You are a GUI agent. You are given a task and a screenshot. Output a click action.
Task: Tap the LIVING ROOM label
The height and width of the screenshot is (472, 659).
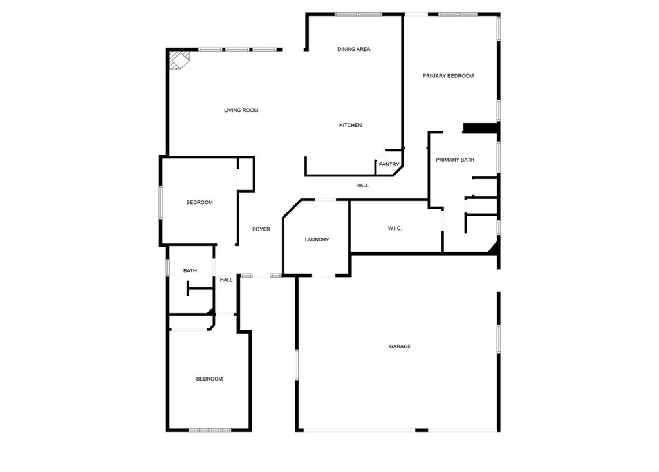pos(241,110)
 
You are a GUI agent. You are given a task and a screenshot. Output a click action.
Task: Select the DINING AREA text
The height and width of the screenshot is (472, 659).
pos(354,49)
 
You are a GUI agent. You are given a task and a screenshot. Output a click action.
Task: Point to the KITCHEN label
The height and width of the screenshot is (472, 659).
pos(351,125)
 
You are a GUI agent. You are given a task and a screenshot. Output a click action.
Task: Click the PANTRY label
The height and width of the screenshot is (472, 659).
pos(389,164)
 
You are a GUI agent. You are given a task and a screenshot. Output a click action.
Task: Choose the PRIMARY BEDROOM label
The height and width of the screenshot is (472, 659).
pos(448,76)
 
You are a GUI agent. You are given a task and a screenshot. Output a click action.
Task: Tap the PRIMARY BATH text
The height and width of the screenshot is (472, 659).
pos(455,160)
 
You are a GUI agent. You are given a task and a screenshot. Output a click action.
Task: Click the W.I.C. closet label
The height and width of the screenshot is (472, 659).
pos(395,229)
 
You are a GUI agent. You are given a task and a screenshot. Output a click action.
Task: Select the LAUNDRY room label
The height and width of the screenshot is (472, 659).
pos(317,240)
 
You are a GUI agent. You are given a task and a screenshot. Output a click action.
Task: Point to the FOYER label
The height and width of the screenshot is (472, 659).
pos(261,229)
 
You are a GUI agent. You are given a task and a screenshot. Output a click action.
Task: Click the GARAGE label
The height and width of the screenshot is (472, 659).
pos(400,346)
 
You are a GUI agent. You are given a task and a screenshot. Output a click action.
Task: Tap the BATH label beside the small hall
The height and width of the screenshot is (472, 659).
pos(190,271)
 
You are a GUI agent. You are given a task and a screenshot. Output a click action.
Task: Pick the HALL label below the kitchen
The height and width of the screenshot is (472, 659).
pos(362,185)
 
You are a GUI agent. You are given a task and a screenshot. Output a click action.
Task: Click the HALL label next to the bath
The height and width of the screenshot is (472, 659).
pos(226,280)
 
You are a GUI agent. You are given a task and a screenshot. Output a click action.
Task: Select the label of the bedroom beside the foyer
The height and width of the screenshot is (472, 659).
pos(200,202)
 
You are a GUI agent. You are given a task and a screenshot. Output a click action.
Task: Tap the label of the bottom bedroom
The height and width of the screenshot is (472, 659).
pos(209,379)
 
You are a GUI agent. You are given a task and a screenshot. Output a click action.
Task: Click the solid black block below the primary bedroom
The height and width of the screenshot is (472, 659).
pos(481,127)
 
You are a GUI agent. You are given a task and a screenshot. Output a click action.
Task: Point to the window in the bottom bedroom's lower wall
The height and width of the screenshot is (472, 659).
pos(210,430)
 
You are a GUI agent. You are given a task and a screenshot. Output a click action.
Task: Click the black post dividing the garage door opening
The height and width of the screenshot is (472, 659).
pos(422,430)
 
